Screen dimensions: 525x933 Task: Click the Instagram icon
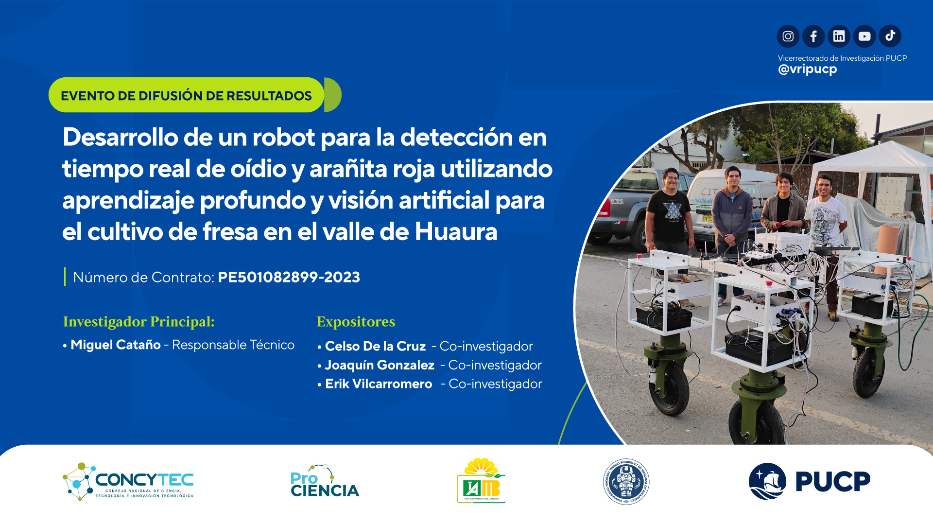click(788, 36)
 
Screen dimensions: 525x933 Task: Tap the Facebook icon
click(813, 36)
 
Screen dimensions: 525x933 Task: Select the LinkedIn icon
click(839, 36)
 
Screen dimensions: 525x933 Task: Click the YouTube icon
click(864, 36)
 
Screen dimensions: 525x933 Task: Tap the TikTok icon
click(890, 36)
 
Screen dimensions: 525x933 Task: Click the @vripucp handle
click(807, 69)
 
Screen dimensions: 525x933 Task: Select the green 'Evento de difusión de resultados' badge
click(187, 95)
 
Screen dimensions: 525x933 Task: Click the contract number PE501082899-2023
click(289, 277)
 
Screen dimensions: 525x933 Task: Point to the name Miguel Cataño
click(116, 345)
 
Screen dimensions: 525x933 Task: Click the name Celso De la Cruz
click(375, 346)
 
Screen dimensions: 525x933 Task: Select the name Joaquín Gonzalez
click(380, 365)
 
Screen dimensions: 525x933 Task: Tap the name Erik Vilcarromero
click(379, 384)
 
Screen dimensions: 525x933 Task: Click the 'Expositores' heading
click(356, 322)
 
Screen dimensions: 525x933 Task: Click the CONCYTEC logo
click(128, 481)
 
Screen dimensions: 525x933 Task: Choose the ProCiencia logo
click(324, 482)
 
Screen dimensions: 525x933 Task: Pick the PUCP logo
click(809, 481)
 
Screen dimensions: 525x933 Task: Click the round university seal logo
click(626, 482)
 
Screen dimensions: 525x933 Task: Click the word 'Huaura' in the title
click(456, 232)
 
